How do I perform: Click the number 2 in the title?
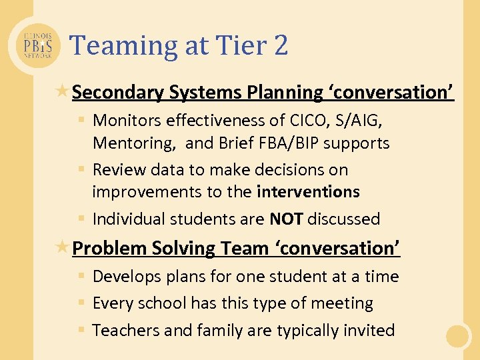280,45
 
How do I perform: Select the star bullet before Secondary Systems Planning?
64,91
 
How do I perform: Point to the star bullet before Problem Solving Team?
64,247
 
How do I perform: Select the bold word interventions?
308,192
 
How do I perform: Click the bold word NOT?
287,219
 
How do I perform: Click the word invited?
369,330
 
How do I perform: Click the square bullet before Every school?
81,303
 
